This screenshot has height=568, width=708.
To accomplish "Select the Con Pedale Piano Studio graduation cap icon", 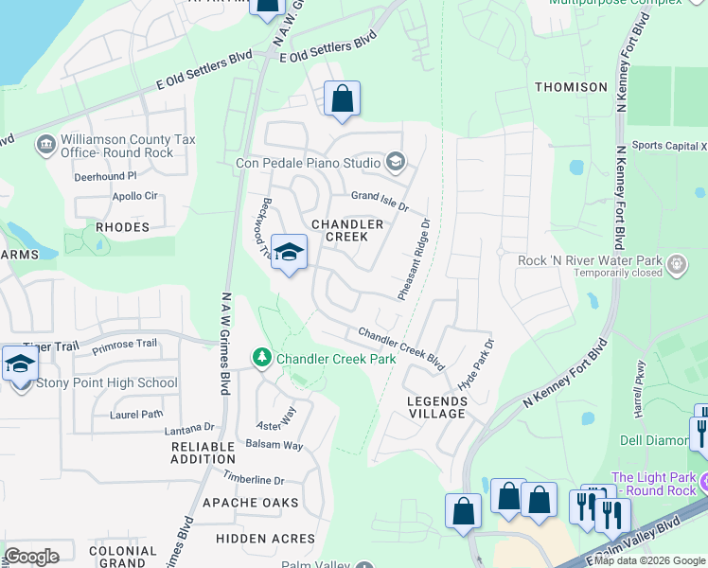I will [395, 163].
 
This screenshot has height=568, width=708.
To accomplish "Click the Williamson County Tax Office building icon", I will [44, 145].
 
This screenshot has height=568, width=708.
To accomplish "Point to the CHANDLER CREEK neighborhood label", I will [348, 230].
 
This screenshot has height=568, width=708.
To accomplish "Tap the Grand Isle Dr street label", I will [380, 201].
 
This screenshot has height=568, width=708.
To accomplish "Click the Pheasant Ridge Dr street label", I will [415, 259].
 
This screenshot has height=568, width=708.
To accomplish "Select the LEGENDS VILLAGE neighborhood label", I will [436, 407].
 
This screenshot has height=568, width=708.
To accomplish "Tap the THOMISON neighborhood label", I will [571, 87].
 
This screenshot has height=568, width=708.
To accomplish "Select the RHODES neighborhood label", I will [122, 227].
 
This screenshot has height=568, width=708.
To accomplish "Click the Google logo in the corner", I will [31, 557].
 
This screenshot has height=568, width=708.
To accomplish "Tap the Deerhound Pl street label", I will [106, 176].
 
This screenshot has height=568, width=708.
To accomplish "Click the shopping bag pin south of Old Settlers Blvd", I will [341, 98].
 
